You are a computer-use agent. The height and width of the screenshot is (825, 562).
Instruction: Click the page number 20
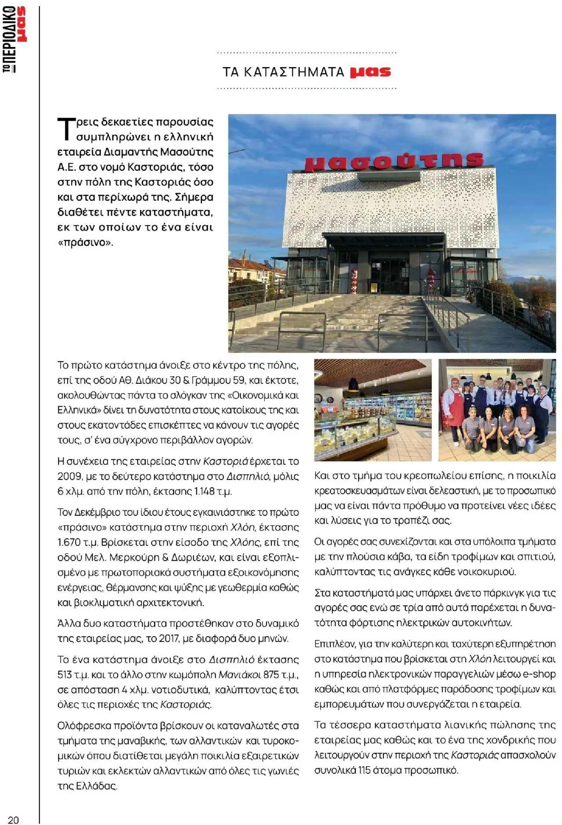[14, 820]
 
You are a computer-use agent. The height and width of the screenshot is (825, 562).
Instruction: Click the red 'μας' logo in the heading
[370, 72]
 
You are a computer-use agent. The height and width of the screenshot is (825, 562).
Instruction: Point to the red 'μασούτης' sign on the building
[394, 161]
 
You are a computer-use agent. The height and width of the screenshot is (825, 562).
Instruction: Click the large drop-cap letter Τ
[65, 129]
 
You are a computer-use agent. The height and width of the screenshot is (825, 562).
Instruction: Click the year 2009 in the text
[69, 476]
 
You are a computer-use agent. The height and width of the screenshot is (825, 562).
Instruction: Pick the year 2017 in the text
[169, 638]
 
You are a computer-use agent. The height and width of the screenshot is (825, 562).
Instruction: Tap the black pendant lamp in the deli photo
[353, 385]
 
